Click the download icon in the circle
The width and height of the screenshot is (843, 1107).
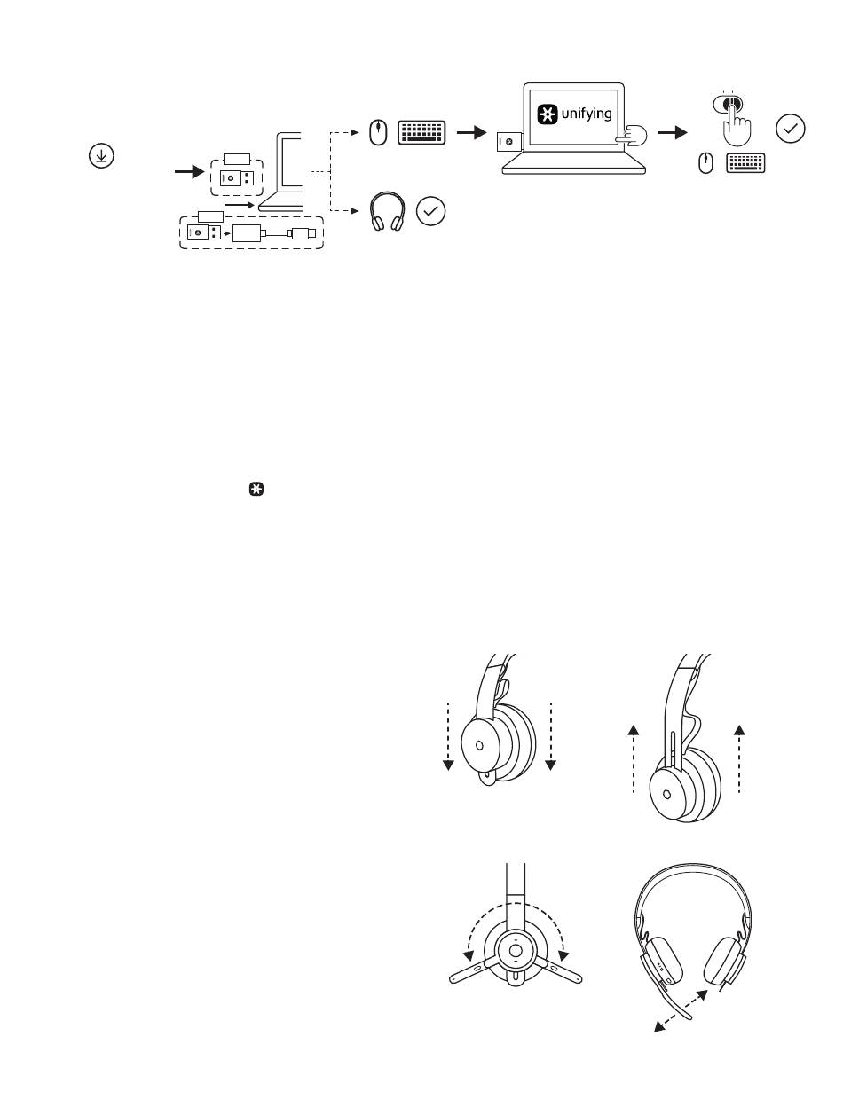(x=101, y=155)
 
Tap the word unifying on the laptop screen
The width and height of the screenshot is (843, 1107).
(x=587, y=114)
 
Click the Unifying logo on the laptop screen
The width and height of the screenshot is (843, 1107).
(x=547, y=114)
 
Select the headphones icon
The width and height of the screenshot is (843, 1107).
(x=387, y=211)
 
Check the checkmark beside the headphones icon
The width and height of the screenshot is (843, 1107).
(x=431, y=211)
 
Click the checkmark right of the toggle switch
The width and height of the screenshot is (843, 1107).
(x=790, y=130)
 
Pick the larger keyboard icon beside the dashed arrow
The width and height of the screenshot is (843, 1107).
(x=421, y=133)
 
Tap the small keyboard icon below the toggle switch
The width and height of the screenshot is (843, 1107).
(x=745, y=163)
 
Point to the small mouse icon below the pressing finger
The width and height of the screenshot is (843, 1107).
(x=705, y=164)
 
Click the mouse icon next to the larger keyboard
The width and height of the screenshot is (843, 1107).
(x=378, y=133)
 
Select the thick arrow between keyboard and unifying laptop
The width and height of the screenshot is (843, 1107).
(x=471, y=133)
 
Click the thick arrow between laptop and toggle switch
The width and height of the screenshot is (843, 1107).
(x=673, y=133)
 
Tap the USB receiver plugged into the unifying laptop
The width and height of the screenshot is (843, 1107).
(x=509, y=142)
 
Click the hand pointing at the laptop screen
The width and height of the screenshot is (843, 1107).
(x=633, y=137)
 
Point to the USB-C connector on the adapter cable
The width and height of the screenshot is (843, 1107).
(x=303, y=233)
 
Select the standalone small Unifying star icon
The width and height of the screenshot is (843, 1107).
(x=256, y=490)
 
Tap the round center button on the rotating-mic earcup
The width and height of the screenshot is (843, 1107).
(x=515, y=951)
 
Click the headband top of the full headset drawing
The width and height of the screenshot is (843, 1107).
(x=693, y=869)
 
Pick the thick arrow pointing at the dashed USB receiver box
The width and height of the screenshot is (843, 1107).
(x=189, y=172)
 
